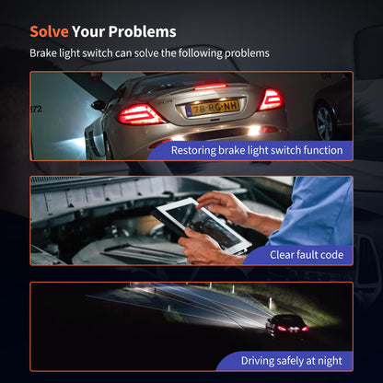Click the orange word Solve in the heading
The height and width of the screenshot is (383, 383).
click(49, 31)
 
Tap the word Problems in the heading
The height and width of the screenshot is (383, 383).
click(143, 31)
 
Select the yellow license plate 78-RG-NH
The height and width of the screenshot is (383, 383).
click(213, 108)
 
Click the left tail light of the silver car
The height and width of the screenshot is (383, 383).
click(141, 114)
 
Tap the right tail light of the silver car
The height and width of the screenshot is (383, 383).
click(271, 99)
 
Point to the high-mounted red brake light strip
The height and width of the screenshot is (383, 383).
click(210, 87)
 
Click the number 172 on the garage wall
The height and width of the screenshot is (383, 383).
click(37, 109)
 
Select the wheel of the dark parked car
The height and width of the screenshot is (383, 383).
click(325, 122)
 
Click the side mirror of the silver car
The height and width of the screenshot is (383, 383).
click(99, 105)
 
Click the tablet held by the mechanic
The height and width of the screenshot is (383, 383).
click(201, 226)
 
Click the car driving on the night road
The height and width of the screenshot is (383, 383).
click(287, 326)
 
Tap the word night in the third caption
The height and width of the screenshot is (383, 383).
click(330, 361)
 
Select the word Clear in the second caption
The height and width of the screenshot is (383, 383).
click(283, 254)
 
